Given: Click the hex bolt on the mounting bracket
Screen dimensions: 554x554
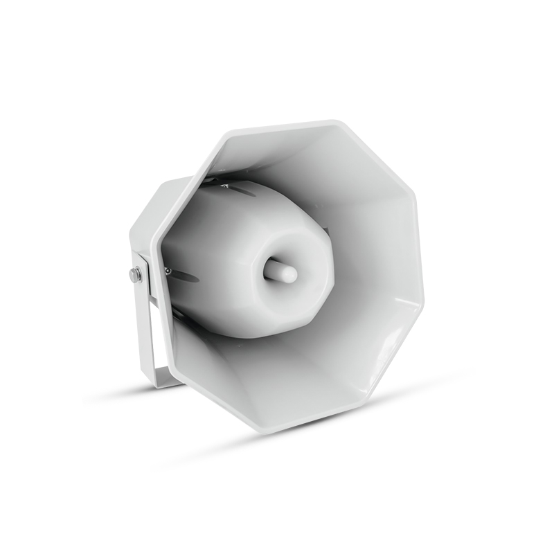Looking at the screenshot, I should (x=135, y=275).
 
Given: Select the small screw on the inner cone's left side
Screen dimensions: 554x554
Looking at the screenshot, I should (x=167, y=271).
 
